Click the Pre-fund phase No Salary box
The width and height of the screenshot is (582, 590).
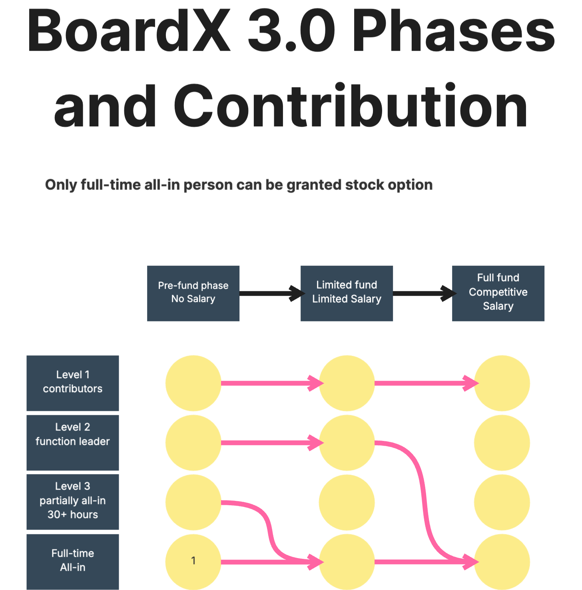coord(193,293)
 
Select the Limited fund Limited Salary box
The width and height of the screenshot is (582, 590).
coord(347,293)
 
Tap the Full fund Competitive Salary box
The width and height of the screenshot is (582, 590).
coord(498,293)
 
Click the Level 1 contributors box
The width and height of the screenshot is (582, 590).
coord(73,383)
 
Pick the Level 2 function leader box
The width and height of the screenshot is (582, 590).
coord(73,442)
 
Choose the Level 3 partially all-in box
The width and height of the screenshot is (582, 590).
coord(73,502)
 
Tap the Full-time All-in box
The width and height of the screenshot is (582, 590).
coord(73,562)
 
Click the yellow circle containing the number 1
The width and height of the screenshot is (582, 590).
coord(193,562)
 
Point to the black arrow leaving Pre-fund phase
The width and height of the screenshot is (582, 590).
coord(272,293)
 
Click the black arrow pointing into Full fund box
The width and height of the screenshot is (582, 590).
coord(425,293)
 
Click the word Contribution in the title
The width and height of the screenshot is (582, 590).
coord(351,106)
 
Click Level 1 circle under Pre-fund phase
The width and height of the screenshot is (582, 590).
coord(193,383)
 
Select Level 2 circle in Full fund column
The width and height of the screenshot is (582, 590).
coord(502,442)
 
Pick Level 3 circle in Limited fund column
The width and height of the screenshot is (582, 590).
coord(347,502)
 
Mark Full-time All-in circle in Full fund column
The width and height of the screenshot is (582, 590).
coord(502,562)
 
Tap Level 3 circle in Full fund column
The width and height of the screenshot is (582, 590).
coord(502,502)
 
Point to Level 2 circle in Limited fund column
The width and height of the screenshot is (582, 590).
coord(347,442)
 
